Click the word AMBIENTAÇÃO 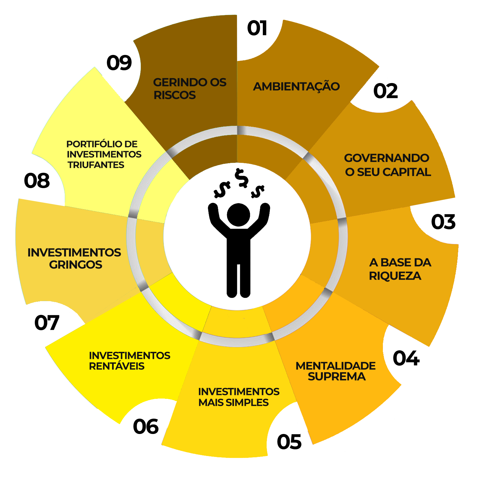click(x=296, y=87)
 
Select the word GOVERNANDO click(x=386, y=158)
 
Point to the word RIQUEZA click(x=395, y=276)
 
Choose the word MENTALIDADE click(x=335, y=366)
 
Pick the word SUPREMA click(x=337, y=377)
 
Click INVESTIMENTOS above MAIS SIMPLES click(x=239, y=392)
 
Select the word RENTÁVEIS click(x=117, y=366)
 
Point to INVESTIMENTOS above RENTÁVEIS click(x=129, y=355)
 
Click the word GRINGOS click(x=76, y=265)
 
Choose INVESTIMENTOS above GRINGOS click(x=74, y=253)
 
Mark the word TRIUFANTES click(x=96, y=165)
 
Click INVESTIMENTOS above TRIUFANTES click(x=104, y=155)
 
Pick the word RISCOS click(x=175, y=95)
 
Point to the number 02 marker click(x=385, y=91)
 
